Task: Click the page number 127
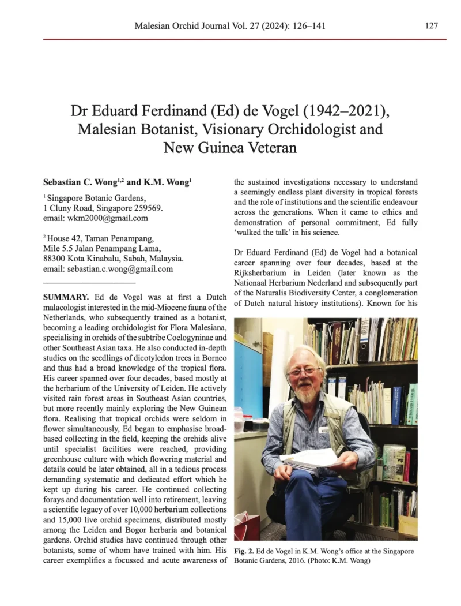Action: (x=432, y=26)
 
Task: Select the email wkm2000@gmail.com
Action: (x=107, y=218)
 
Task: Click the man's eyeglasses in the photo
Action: (x=305, y=372)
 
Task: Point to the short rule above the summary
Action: (x=89, y=283)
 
